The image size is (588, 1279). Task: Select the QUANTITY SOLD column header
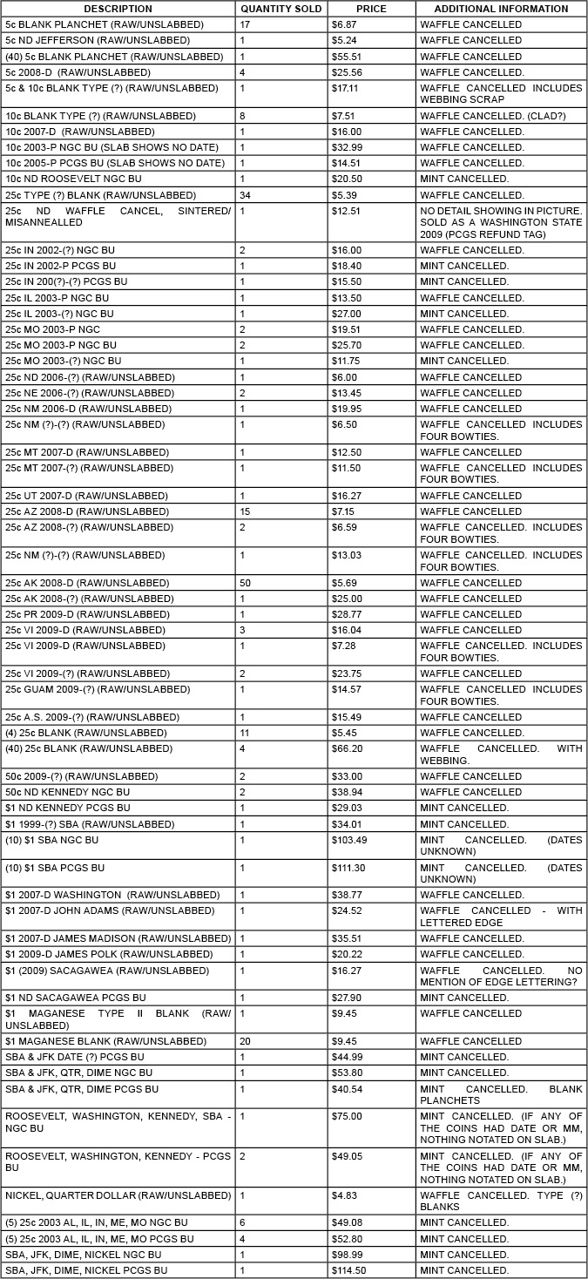click(x=280, y=9)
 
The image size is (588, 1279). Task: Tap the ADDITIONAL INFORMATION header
click(x=501, y=9)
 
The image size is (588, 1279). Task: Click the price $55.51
click(x=347, y=57)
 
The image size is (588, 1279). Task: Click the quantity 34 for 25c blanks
click(x=245, y=195)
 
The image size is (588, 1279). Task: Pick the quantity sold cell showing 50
click(x=245, y=583)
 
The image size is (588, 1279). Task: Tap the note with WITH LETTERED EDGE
click(x=501, y=917)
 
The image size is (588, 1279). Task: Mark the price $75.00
click(x=347, y=1116)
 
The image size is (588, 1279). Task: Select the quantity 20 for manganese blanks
click(x=245, y=1041)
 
